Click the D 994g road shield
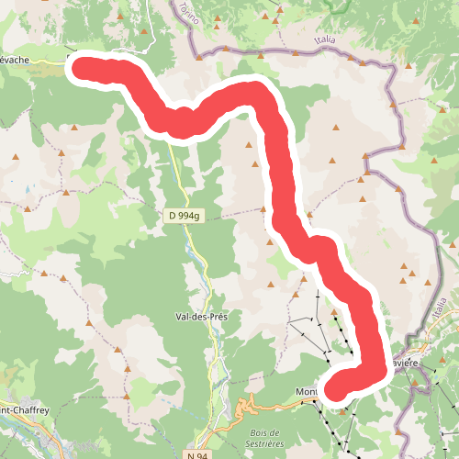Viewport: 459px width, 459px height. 184,216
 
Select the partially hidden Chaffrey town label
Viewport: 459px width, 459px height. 20,410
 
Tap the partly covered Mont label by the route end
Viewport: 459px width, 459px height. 306,393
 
